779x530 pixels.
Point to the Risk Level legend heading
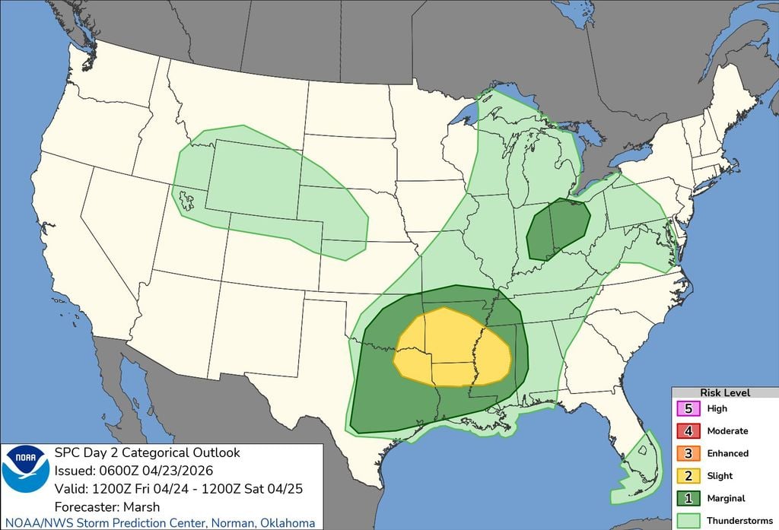[x=723, y=392]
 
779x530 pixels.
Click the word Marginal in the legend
[x=727, y=498]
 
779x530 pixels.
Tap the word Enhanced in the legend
[x=728, y=453]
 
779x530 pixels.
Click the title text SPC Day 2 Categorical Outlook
[x=146, y=452]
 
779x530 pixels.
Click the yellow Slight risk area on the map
[x=449, y=346]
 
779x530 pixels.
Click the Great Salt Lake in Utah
[x=185, y=200]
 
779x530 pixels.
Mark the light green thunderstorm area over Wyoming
[x=251, y=179]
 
